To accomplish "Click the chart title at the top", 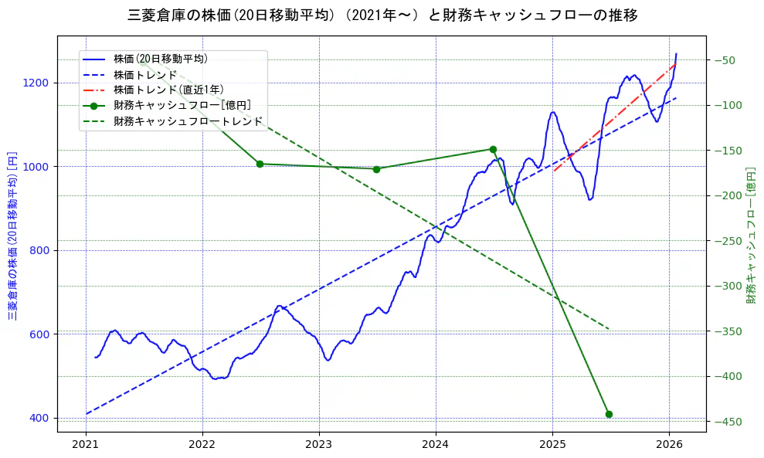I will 382,15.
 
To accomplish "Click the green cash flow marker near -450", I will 609,414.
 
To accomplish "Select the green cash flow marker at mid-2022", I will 260,164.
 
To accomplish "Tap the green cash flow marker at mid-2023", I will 376,169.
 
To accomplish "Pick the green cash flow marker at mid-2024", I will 493,149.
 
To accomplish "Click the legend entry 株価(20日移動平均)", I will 160,59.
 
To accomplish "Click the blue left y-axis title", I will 12,235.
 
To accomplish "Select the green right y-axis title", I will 750,235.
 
